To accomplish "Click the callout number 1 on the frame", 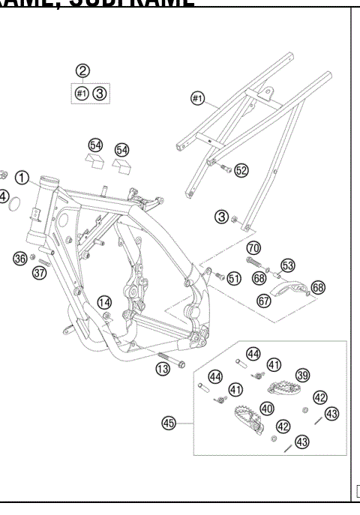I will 23,178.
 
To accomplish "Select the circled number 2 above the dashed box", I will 83,71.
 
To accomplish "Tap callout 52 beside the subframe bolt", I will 241,171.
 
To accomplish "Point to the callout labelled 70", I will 253,248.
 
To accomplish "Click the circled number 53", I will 287,265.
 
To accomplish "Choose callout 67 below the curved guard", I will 264,300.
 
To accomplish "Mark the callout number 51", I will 234,278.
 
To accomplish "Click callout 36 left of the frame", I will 20,259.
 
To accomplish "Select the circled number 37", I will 40,273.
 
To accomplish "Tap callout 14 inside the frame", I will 105,302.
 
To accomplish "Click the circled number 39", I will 302,375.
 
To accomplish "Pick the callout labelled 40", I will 266,409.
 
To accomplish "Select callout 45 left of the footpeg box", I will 169,423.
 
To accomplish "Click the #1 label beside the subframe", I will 198,98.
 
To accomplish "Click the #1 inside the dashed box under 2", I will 82,94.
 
